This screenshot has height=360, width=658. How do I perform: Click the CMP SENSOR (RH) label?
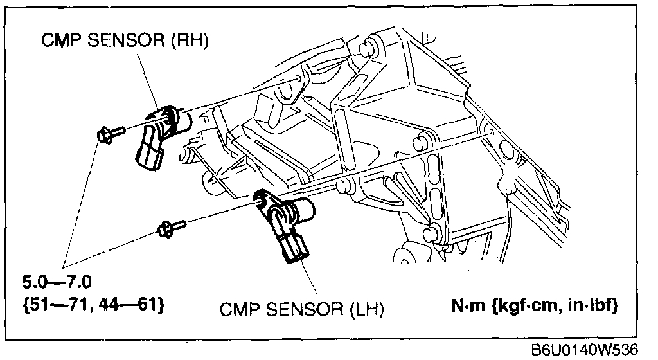[126, 40]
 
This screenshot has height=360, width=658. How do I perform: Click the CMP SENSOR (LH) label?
[301, 310]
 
